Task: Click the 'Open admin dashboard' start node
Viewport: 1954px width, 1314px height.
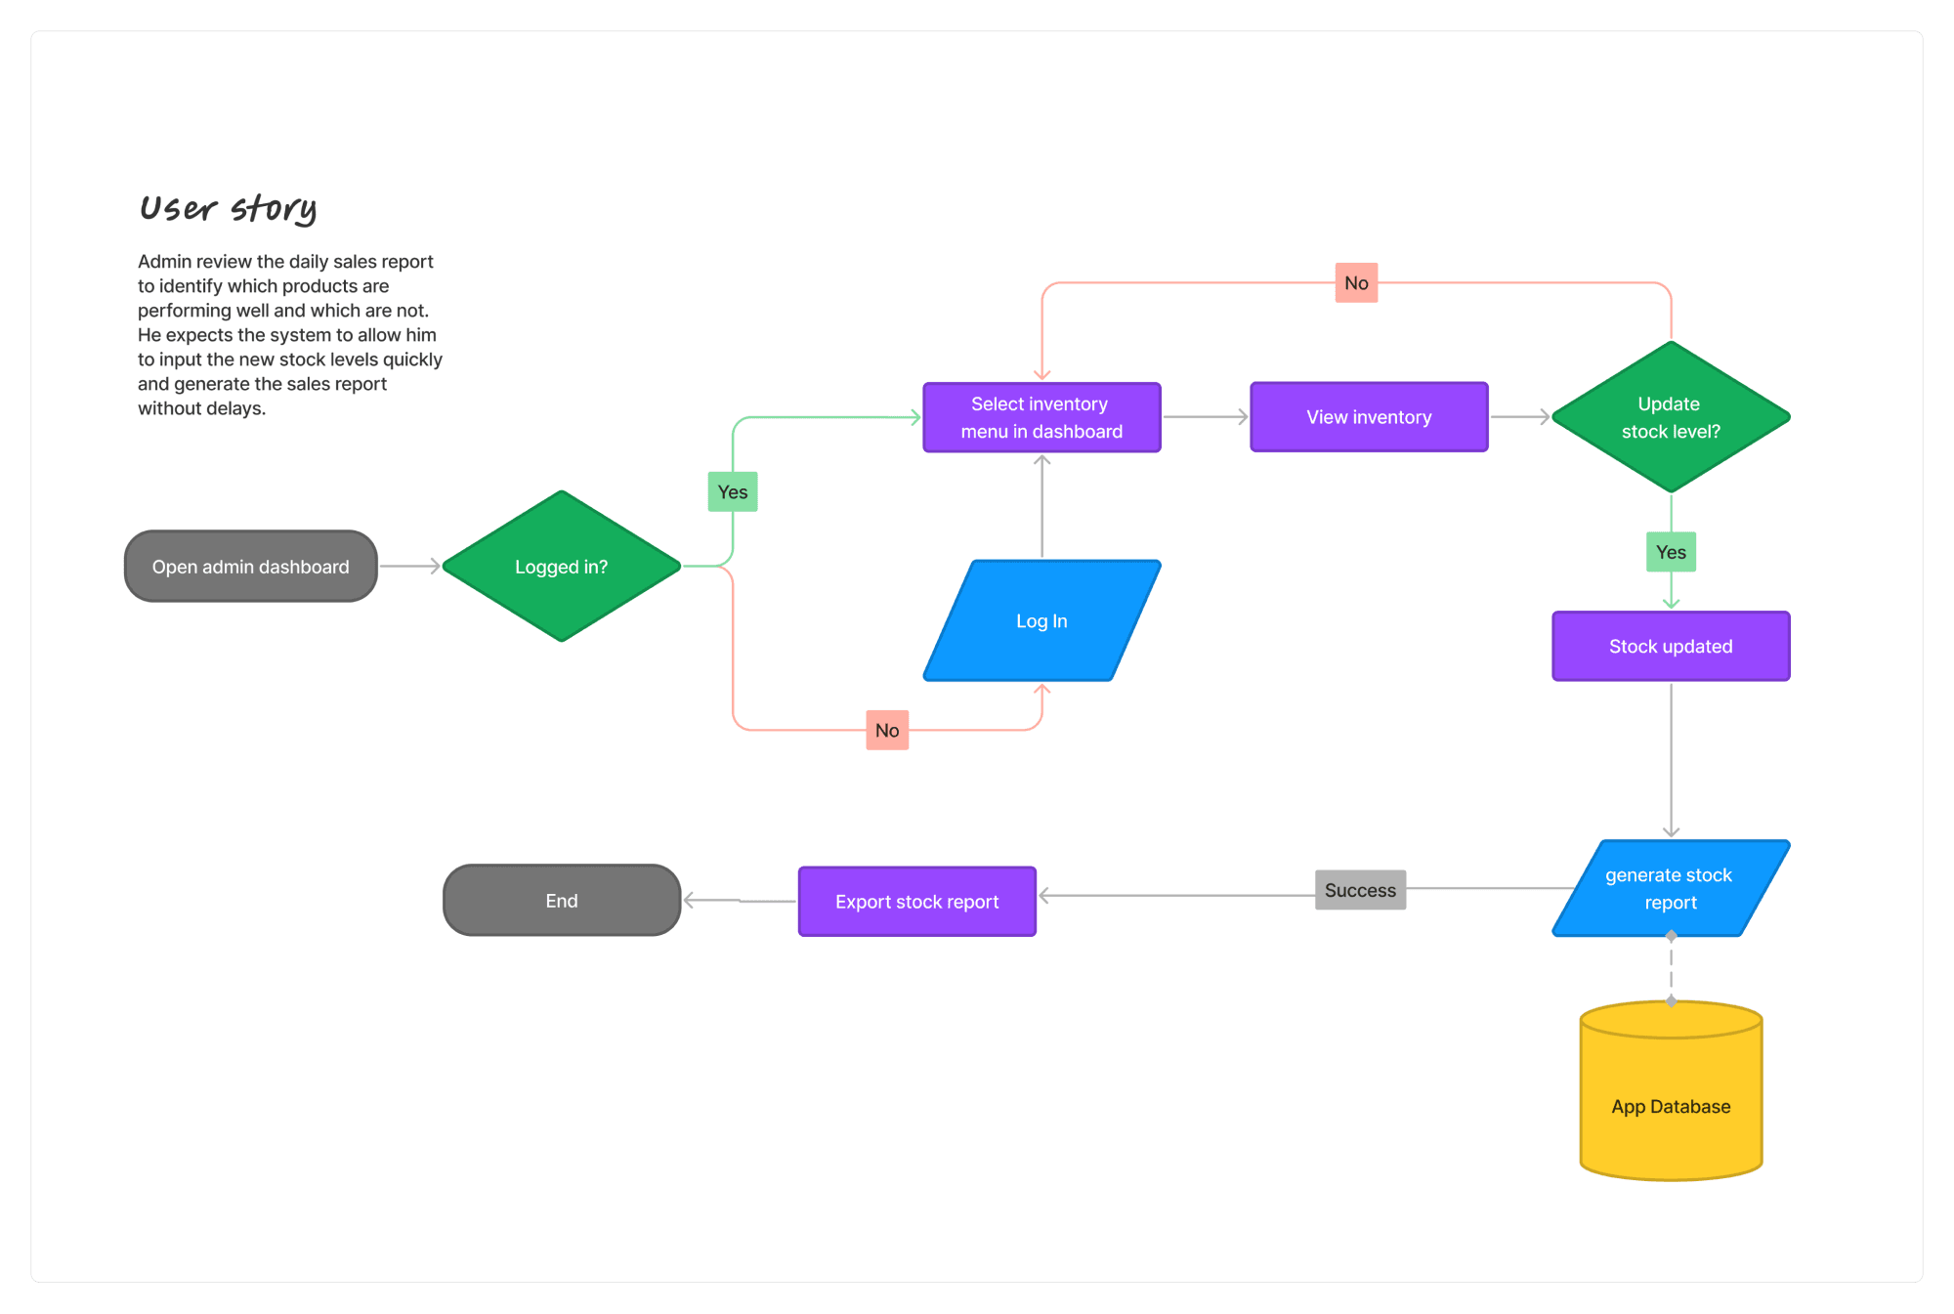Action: tap(251, 567)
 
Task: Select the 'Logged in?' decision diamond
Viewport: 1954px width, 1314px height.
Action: tap(562, 567)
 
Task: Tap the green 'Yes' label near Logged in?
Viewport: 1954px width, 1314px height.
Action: tap(733, 492)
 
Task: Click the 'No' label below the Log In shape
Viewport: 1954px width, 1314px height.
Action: tap(887, 731)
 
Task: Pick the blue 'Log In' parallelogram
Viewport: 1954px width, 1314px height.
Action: tap(1042, 620)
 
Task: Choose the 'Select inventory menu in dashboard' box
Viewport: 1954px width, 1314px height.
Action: tap(1042, 417)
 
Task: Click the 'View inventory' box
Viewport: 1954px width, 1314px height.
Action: tap(1370, 417)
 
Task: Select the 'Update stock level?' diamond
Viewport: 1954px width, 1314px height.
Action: tap(1672, 417)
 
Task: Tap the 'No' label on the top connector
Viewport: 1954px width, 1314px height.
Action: tap(1357, 283)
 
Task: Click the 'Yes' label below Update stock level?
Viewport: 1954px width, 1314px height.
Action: tap(1672, 552)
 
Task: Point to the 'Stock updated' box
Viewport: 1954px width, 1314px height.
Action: tap(1672, 646)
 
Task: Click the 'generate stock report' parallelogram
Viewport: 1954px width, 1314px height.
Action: tap(1672, 888)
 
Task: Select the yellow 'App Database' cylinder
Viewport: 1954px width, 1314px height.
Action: tap(1672, 1090)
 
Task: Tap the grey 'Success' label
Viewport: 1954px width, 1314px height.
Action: tap(1361, 890)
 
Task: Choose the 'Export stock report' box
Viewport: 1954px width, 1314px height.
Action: tap(917, 902)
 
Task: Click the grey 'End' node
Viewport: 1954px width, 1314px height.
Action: tap(562, 901)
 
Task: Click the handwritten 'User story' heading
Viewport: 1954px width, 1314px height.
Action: tap(229, 208)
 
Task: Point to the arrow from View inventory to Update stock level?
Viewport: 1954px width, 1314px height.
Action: tap(1520, 417)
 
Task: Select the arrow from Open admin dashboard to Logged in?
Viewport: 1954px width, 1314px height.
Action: tap(410, 567)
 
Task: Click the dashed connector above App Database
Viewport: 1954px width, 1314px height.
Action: tap(1672, 968)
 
